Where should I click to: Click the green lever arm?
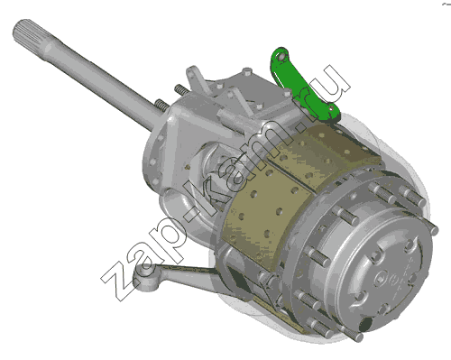(302, 88)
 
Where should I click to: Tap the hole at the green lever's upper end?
(281, 57)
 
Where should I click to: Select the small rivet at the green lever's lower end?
(331, 108)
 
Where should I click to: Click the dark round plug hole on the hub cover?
(365, 325)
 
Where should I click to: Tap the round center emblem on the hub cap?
(381, 278)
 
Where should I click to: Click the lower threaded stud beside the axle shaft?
(161, 106)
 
